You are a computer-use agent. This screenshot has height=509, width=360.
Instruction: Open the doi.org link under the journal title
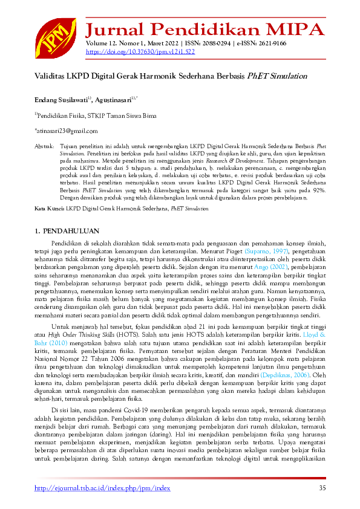(x=140, y=52)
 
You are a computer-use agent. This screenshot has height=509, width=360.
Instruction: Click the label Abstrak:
(x=44, y=146)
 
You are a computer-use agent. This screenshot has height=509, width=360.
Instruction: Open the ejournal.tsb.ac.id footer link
(x=102, y=488)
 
